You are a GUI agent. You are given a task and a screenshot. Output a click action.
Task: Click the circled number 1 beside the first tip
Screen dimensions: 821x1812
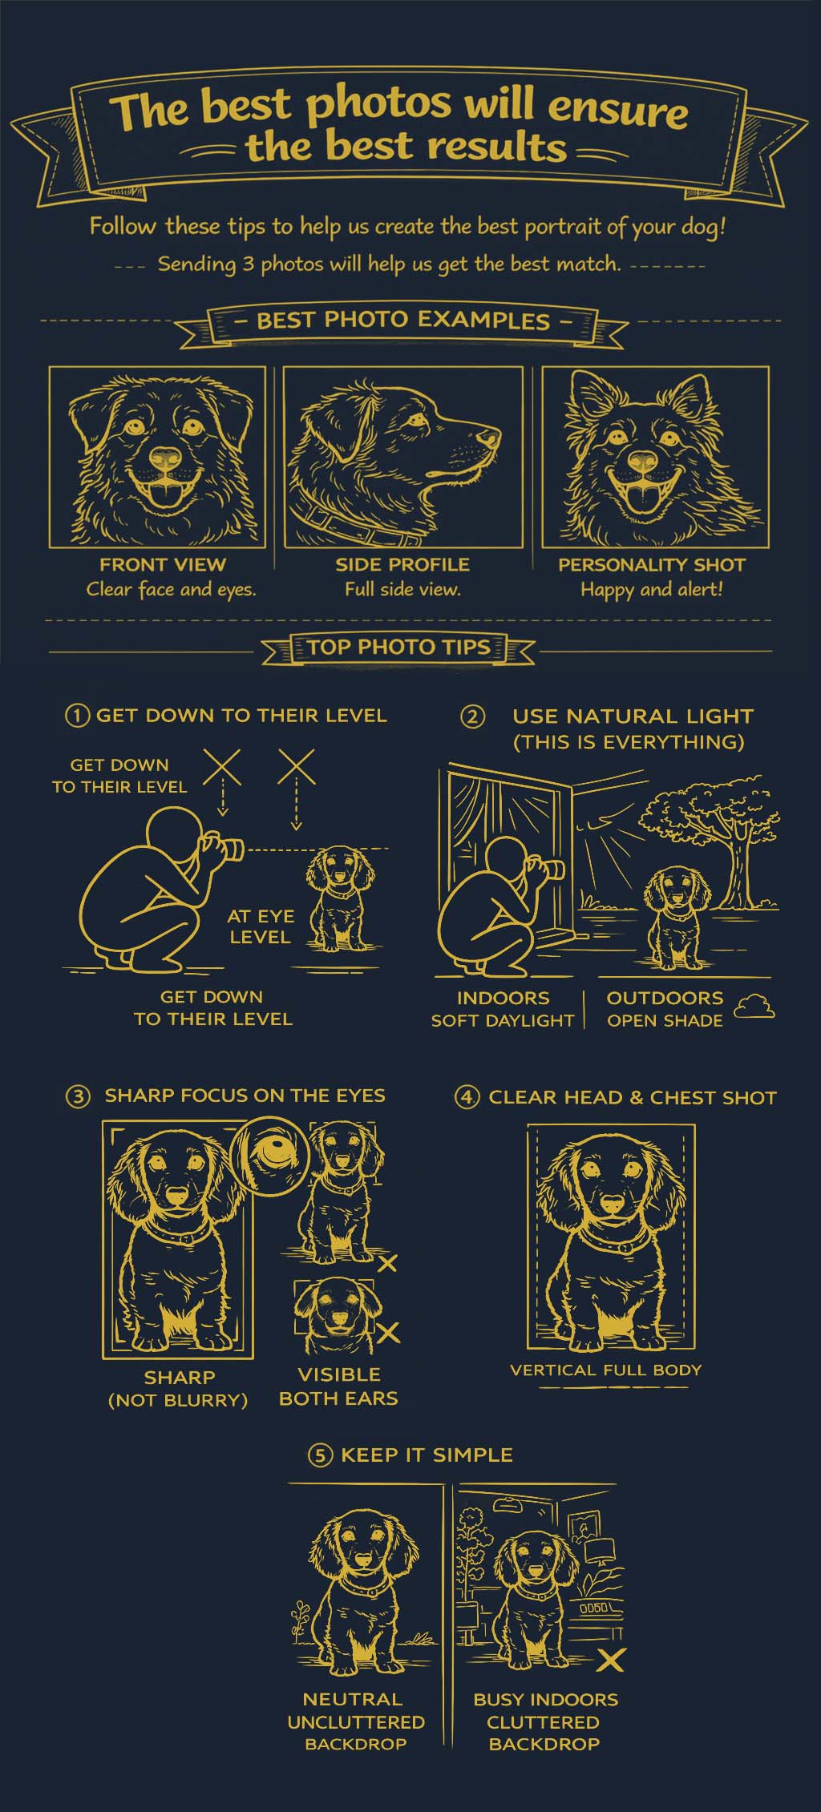[76, 716]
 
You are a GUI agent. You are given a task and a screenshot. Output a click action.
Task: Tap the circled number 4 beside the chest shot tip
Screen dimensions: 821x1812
[466, 1097]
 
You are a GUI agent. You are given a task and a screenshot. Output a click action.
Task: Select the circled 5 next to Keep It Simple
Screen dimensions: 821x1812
[319, 1455]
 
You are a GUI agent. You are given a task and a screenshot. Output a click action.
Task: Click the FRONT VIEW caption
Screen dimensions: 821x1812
[163, 564]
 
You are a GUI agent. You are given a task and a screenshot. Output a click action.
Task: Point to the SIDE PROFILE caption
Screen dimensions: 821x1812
[402, 564]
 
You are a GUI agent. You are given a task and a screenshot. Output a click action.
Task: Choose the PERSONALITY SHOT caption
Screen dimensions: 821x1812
[652, 565]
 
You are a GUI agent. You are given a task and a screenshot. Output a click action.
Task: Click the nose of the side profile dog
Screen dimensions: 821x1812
[488, 438]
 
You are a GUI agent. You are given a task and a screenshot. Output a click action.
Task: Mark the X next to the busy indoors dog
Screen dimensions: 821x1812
[611, 1660]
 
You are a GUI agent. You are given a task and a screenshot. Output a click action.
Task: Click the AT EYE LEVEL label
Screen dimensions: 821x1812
[261, 926]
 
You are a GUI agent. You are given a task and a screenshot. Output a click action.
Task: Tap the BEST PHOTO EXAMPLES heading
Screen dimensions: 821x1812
[403, 321]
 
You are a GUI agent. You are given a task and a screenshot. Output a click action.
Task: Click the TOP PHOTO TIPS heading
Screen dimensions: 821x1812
[398, 648]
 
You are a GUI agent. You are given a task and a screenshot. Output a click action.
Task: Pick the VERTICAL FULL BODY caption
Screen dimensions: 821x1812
[606, 1370]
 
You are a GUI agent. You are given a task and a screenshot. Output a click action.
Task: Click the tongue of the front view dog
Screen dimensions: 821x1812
[166, 498]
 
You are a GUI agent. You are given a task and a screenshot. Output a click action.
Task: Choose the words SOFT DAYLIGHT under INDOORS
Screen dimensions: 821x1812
[503, 1021]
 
